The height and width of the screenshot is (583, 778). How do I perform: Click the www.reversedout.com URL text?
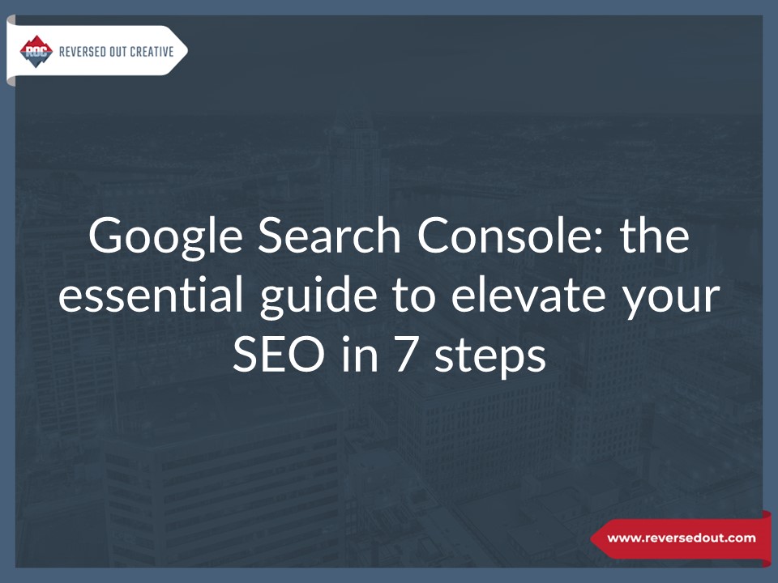681,538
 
